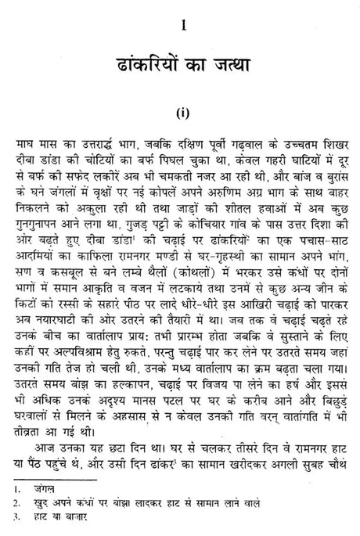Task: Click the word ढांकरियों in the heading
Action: coord(131,63)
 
